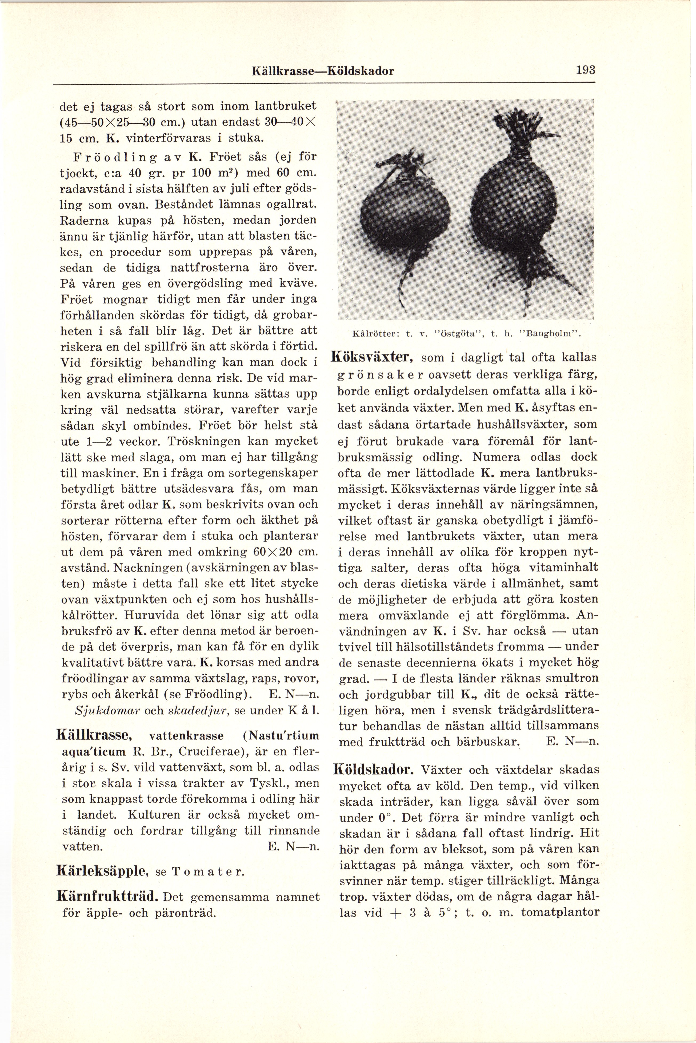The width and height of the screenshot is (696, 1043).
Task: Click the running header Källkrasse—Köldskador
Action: [x=323, y=71]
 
